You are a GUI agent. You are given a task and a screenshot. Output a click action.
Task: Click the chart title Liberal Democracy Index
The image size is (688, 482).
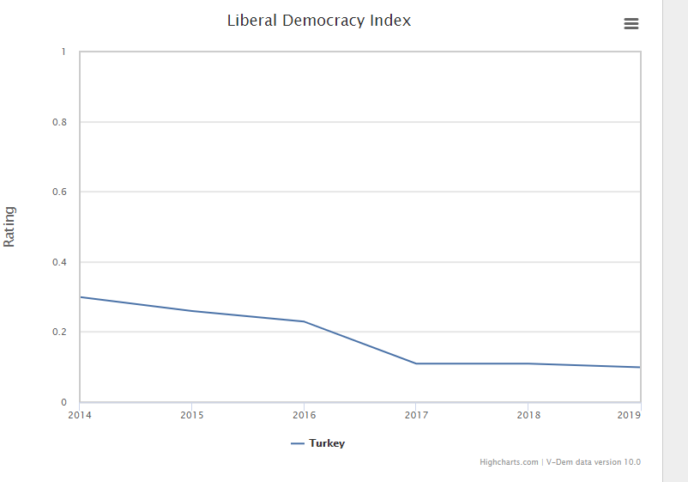318,21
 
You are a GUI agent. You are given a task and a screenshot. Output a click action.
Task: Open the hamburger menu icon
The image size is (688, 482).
631,24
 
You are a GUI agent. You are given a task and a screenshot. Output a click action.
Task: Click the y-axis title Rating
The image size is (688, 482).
10,227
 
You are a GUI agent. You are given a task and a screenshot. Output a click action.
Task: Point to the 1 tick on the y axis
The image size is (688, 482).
63,52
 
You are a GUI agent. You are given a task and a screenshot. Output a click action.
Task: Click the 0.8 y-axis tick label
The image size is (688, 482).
60,122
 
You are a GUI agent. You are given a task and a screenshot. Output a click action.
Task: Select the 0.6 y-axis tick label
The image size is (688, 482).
60,192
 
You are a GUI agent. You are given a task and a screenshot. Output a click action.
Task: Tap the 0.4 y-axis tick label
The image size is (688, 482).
60,262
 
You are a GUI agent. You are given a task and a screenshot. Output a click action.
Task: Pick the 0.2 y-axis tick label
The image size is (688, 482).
60,333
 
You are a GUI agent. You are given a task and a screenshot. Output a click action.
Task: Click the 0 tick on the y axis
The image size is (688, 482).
63,402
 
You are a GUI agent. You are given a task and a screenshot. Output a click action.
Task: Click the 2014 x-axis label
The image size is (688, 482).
79,415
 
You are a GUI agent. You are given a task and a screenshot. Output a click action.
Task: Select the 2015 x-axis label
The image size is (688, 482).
191,415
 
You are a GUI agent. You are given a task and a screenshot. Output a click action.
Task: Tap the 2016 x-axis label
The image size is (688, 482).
304,415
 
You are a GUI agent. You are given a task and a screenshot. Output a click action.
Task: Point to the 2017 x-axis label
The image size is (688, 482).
416,415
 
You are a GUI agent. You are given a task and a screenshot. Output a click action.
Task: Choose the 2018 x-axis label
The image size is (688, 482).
528,415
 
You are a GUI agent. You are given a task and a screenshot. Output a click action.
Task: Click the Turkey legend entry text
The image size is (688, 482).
327,443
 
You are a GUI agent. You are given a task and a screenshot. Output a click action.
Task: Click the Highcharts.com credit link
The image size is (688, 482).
509,462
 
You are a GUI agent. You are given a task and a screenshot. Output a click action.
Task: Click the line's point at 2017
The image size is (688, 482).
416,363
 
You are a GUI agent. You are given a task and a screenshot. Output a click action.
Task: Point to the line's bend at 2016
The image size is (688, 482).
304,321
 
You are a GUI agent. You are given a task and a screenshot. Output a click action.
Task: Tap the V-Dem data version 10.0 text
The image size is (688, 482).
593,462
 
